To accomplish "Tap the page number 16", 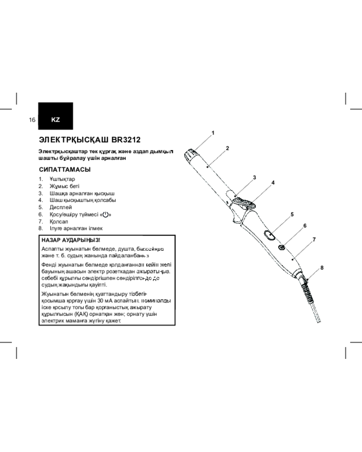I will [32, 120].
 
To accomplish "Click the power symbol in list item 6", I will [106, 214].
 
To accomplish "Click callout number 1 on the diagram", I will [213, 133].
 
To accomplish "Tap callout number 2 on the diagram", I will [228, 148].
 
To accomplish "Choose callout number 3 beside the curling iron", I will [255, 178].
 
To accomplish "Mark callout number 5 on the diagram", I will [292, 214].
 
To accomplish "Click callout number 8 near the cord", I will [322, 268].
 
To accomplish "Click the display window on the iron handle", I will [269, 235].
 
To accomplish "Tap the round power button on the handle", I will [281, 247].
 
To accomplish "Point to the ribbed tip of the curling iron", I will [191, 154].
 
